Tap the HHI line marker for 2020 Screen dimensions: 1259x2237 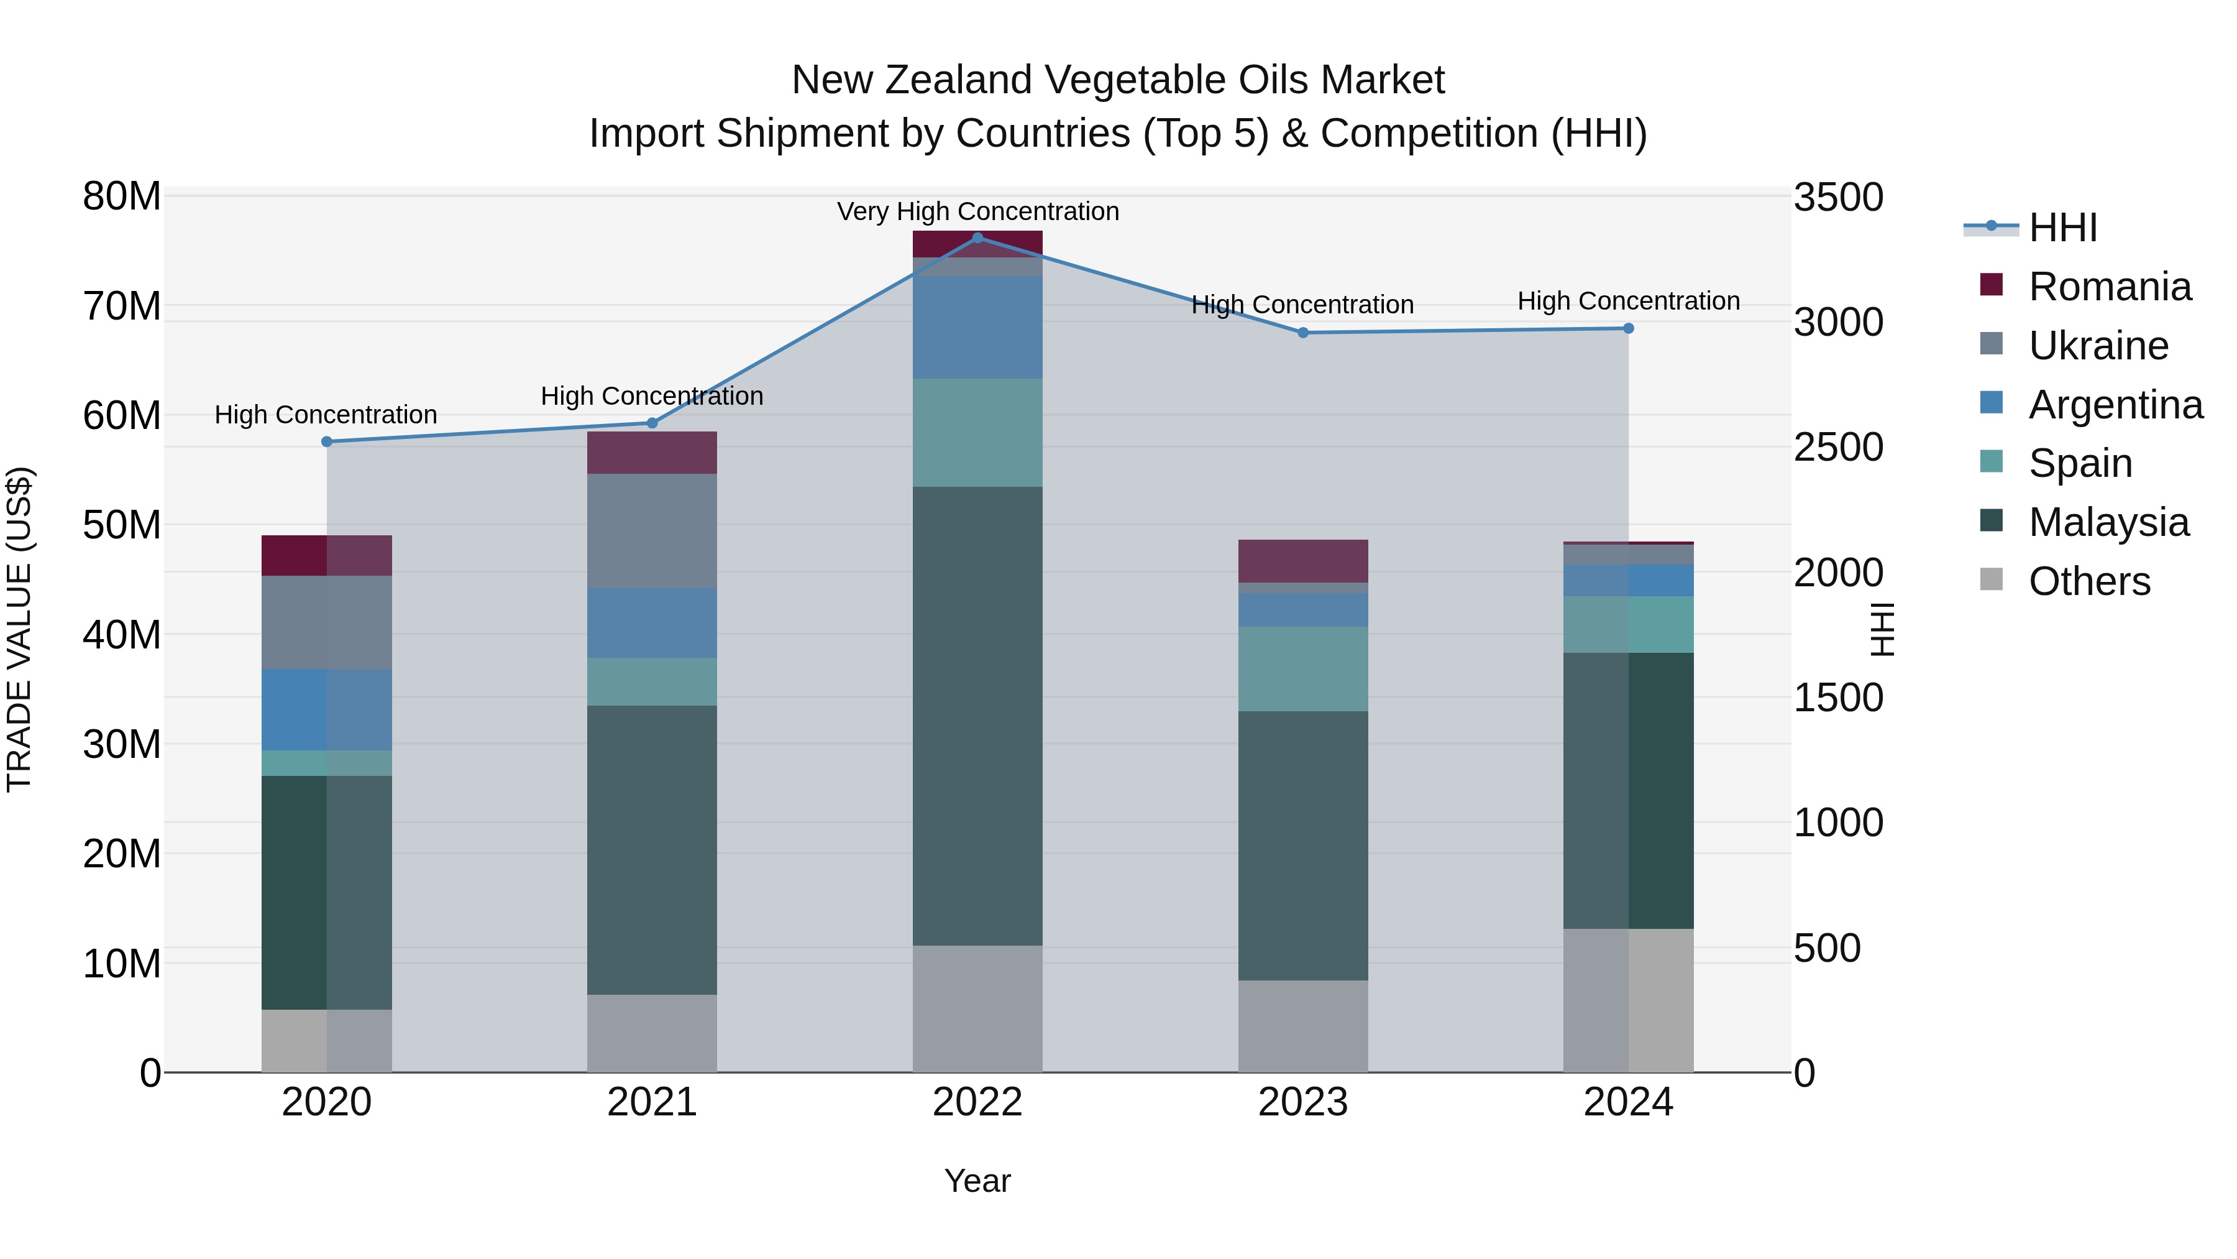point(326,441)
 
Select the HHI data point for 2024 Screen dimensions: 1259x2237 point(1628,328)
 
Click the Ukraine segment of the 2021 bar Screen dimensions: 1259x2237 point(652,531)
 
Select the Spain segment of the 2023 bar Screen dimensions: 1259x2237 point(1302,669)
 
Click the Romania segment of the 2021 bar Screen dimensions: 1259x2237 point(652,452)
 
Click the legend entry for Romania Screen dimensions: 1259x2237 point(2110,287)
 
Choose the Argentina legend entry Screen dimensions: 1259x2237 point(2115,405)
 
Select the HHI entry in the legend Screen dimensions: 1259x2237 point(2062,228)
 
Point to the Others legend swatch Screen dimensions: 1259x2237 point(1992,579)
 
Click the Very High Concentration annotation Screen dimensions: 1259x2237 point(978,211)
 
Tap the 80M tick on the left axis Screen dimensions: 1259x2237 point(122,196)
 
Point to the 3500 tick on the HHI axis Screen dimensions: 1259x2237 point(1839,197)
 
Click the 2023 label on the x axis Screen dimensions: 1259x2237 point(1302,1102)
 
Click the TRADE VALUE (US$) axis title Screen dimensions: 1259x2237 point(19,629)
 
